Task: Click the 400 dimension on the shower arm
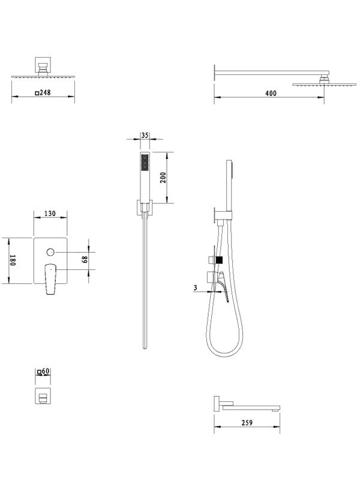click(271, 93)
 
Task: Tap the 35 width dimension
click(145, 135)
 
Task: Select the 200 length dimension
click(163, 178)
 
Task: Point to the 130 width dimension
click(50, 213)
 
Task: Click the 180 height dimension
click(12, 260)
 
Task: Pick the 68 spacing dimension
click(85, 260)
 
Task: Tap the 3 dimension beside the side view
click(196, 288)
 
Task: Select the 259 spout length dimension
click(247, 423)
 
